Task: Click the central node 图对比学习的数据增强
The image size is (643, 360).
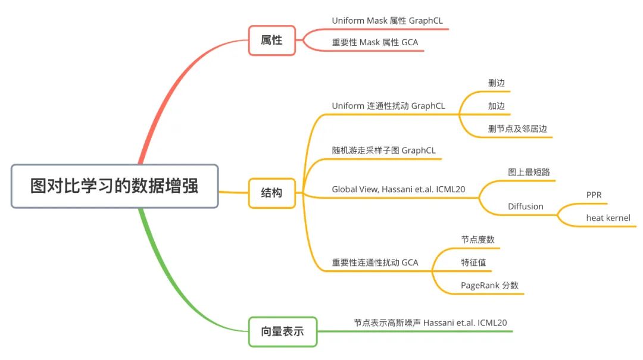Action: tap(115, 186)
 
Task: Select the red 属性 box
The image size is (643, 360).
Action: tap(271, 40)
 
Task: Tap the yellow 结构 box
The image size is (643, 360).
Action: tap(271, 193)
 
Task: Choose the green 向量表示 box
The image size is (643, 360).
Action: tap(282, 331)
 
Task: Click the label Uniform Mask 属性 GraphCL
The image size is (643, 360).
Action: tap(387, 21)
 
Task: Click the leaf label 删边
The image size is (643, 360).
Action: tap(496, 83)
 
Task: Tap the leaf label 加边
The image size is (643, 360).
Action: tap(496, 106)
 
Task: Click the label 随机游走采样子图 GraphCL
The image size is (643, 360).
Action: tap(384, 151)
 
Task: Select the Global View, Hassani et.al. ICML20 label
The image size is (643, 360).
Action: tap(398, 190)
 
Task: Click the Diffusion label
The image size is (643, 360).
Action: tap(525, 206)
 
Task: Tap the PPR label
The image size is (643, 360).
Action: tap(594, 195)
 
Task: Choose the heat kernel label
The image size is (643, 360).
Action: tap(608, 218)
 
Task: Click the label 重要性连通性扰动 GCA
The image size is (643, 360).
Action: tap(374, 262)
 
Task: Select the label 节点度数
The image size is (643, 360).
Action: tap(477, 239)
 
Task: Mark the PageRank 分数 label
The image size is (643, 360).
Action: tap(489, 285)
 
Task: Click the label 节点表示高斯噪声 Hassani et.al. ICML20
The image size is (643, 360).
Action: tap(430, 323)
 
